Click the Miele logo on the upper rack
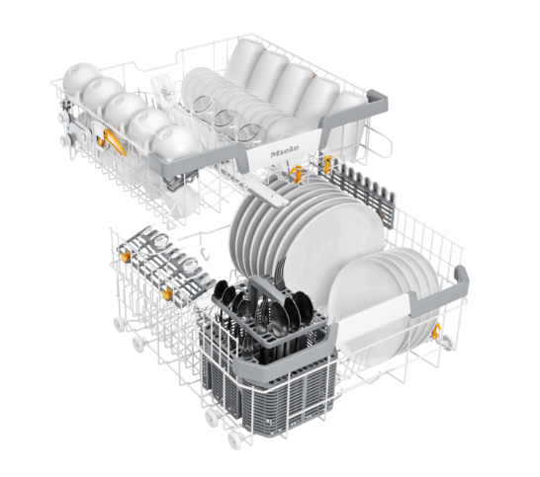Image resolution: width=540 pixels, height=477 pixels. pos(285,151)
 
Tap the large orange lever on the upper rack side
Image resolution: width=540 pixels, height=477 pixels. pos(113,141)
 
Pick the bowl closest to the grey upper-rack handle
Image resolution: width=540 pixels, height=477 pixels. pos(177,143)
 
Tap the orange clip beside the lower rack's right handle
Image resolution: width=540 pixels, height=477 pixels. pos(436,331)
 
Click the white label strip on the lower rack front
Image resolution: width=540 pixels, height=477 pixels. pos(374,313)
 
